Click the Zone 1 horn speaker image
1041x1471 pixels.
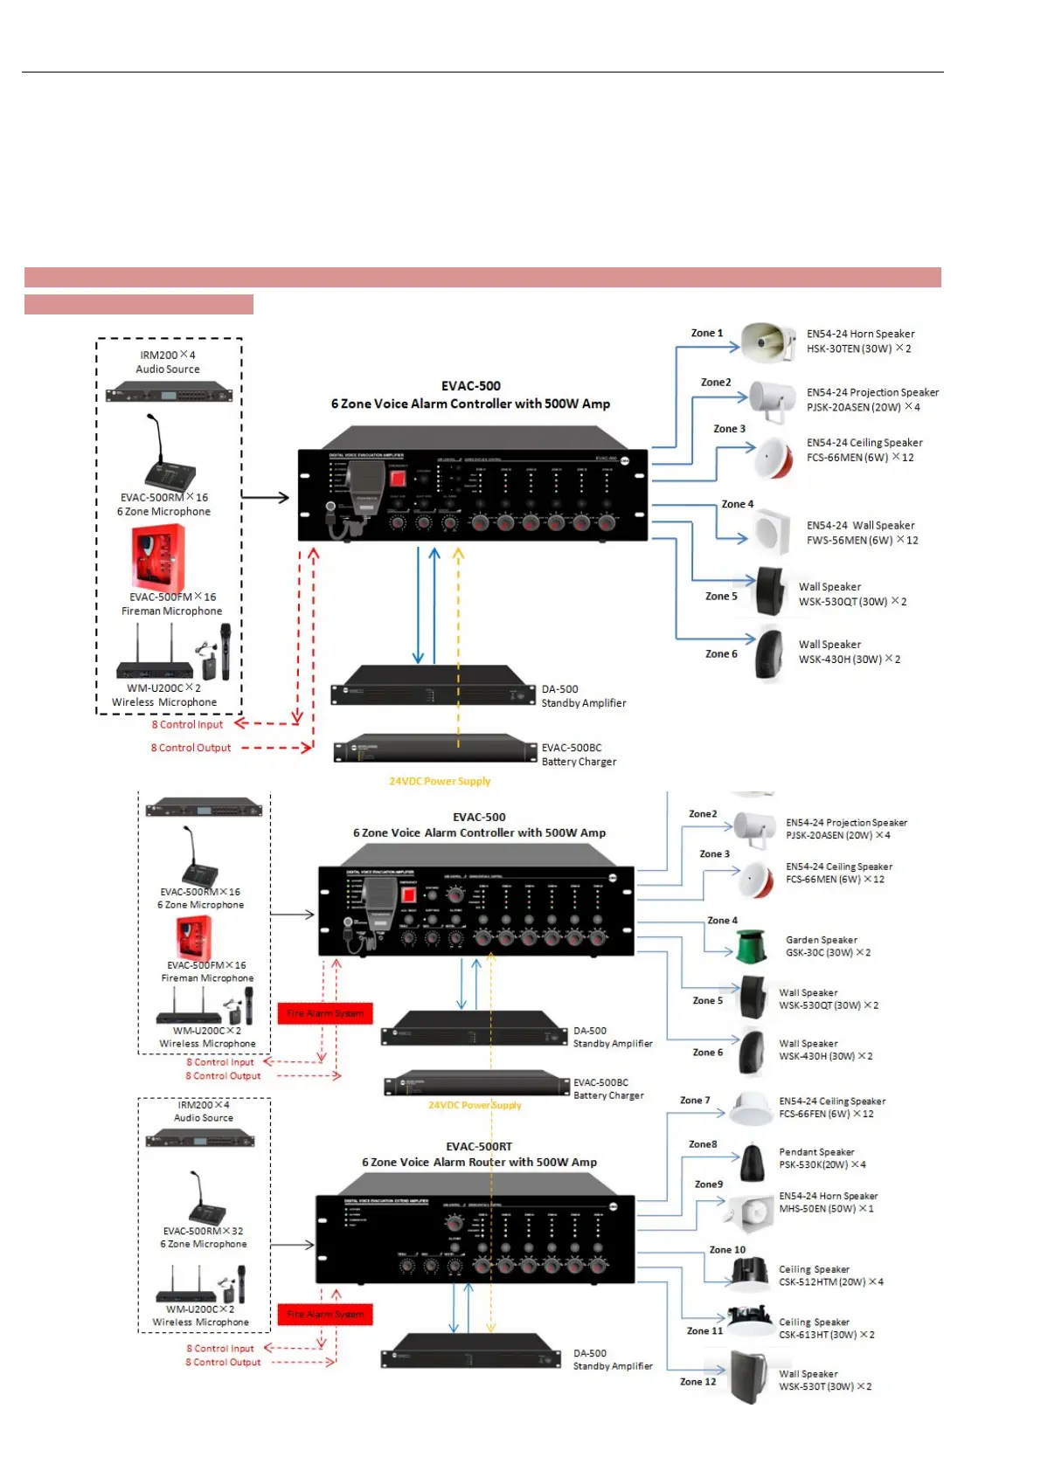pos(767,342)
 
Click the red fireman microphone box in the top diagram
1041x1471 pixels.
pos(158,558)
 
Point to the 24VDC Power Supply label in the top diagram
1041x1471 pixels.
pos(440,781)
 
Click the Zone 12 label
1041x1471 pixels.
pos(697,1381)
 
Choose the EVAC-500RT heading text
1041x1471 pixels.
pos(479,1146)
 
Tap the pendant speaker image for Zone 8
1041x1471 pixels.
pos(752,1163)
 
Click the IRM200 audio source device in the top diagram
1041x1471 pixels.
pos(169,393)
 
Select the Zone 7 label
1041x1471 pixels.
pos(695,1101)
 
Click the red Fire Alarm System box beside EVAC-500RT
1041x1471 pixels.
pos(325,1314)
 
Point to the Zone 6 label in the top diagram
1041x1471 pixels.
pos(721,653)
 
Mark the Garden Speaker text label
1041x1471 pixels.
pos(821,940)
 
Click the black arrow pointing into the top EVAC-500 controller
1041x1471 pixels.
pos(266,497)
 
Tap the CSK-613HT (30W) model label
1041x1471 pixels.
pos(826,1335)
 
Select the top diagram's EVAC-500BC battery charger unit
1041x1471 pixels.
pos(435,749)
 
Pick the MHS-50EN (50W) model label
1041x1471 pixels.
pos(826,1209)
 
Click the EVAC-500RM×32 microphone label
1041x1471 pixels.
pos(203,1231)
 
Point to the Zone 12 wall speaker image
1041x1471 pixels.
pos(749,1377)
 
